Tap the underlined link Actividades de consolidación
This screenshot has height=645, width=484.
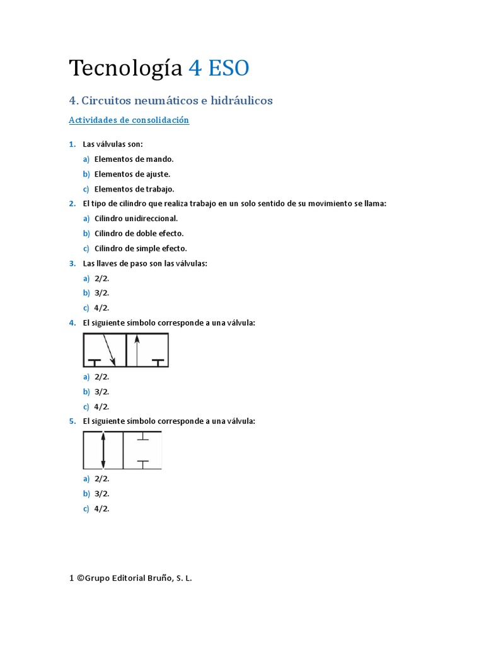click(x=129, y=120)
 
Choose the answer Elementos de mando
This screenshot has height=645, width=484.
click(x=134, y=159)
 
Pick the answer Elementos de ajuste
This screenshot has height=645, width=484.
click(x=132, y=174)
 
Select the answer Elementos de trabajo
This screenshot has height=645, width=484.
click(x=134, y=189)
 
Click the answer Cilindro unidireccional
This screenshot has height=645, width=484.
click(x=136, y=219)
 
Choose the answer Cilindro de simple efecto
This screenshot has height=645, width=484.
click(x=141, y=249)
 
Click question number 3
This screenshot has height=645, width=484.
click(x=72, y=263)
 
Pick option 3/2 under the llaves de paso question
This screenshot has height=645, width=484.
click(x=101, y=293)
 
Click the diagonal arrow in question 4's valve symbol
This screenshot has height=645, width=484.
click(x=109, y=350)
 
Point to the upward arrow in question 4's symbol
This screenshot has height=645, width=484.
click(x=137, y=350)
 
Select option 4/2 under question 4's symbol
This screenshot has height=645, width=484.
click(x=101, y=407)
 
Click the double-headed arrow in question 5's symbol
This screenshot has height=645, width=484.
click(x=103, y=450)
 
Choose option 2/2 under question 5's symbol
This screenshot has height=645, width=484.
click(x=101, y=479)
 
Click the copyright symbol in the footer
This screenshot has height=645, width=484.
click(x=80, y=577)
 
